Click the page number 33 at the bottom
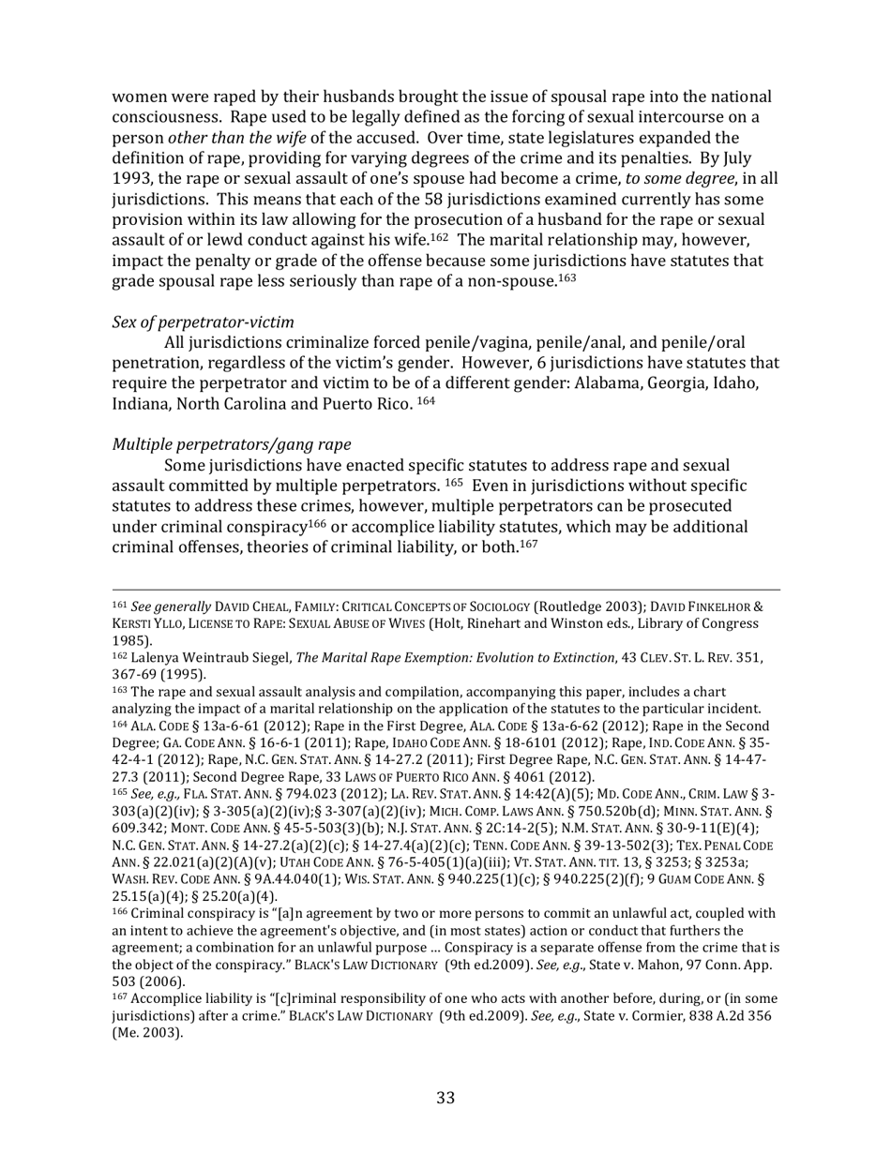pos(445,1098)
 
